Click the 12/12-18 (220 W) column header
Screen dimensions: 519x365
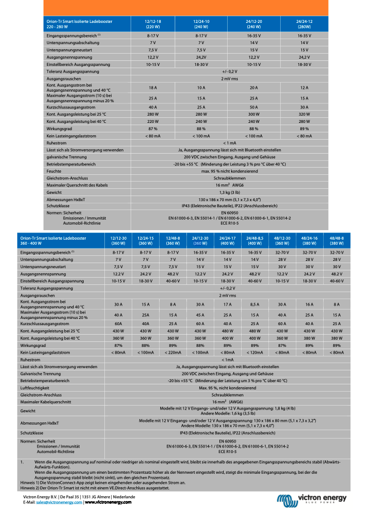tap(153, 24)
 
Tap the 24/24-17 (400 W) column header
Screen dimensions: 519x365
tap(227, 241)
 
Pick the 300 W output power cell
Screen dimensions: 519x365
tap(254, 113)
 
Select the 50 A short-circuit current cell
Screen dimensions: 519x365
tap(254, 107)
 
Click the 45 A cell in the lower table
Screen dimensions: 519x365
tap(200, 315)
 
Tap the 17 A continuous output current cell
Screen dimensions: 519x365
tap(227, 304)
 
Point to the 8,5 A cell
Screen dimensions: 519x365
tap(254, 304)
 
